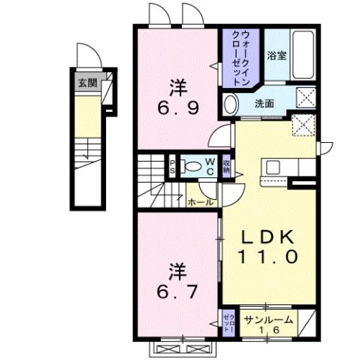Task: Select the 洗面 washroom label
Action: [x=263, y=102]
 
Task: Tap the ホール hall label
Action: [x=198, y=202]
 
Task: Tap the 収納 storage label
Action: [x=225, y=168]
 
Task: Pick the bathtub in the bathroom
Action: [x=303, y=56]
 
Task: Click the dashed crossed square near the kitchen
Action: [x=304, y=123]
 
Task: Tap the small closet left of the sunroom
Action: [x=228, y=322]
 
